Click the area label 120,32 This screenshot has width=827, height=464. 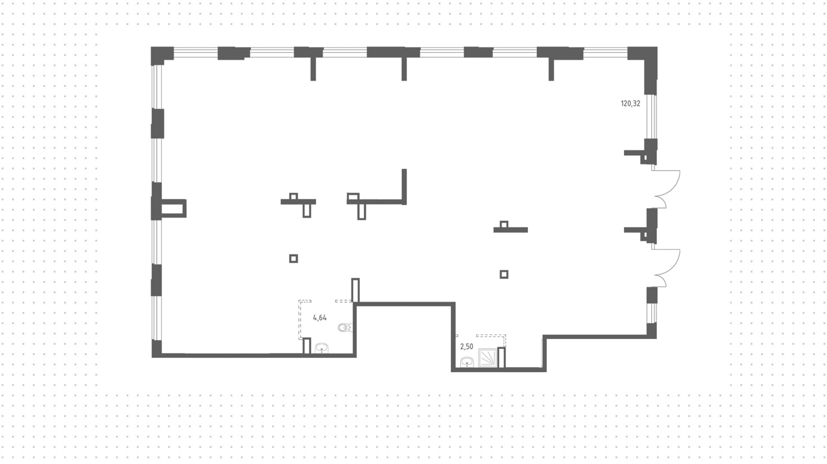click(x=630, y=103)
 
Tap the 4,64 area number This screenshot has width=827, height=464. click(x=320, y=318)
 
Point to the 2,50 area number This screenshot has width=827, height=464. click(x=466, y=346)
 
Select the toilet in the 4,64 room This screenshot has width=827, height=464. click(x=345, y=328)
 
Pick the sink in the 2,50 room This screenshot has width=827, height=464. click(x=467, y=363)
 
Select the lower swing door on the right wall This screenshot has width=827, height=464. click(x=665, y=268)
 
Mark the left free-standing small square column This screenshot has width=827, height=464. click(x=293, y=258)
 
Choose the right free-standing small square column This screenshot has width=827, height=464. click(x=504, y=274)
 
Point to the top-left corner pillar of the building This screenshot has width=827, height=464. click(x=162, y=55)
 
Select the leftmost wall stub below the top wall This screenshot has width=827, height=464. click(x=313, y=69)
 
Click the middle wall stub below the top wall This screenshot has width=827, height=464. click(x=404, y=69)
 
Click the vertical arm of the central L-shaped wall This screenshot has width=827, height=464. click(x=404, y=186)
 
